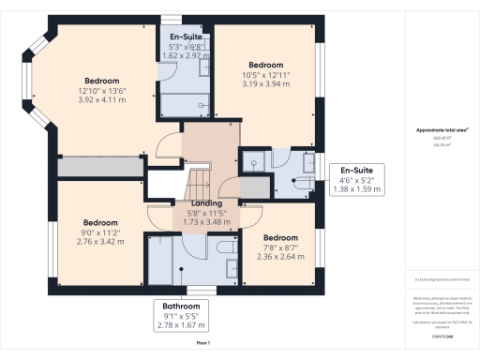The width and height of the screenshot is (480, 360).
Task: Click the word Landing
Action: pos(205,203)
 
